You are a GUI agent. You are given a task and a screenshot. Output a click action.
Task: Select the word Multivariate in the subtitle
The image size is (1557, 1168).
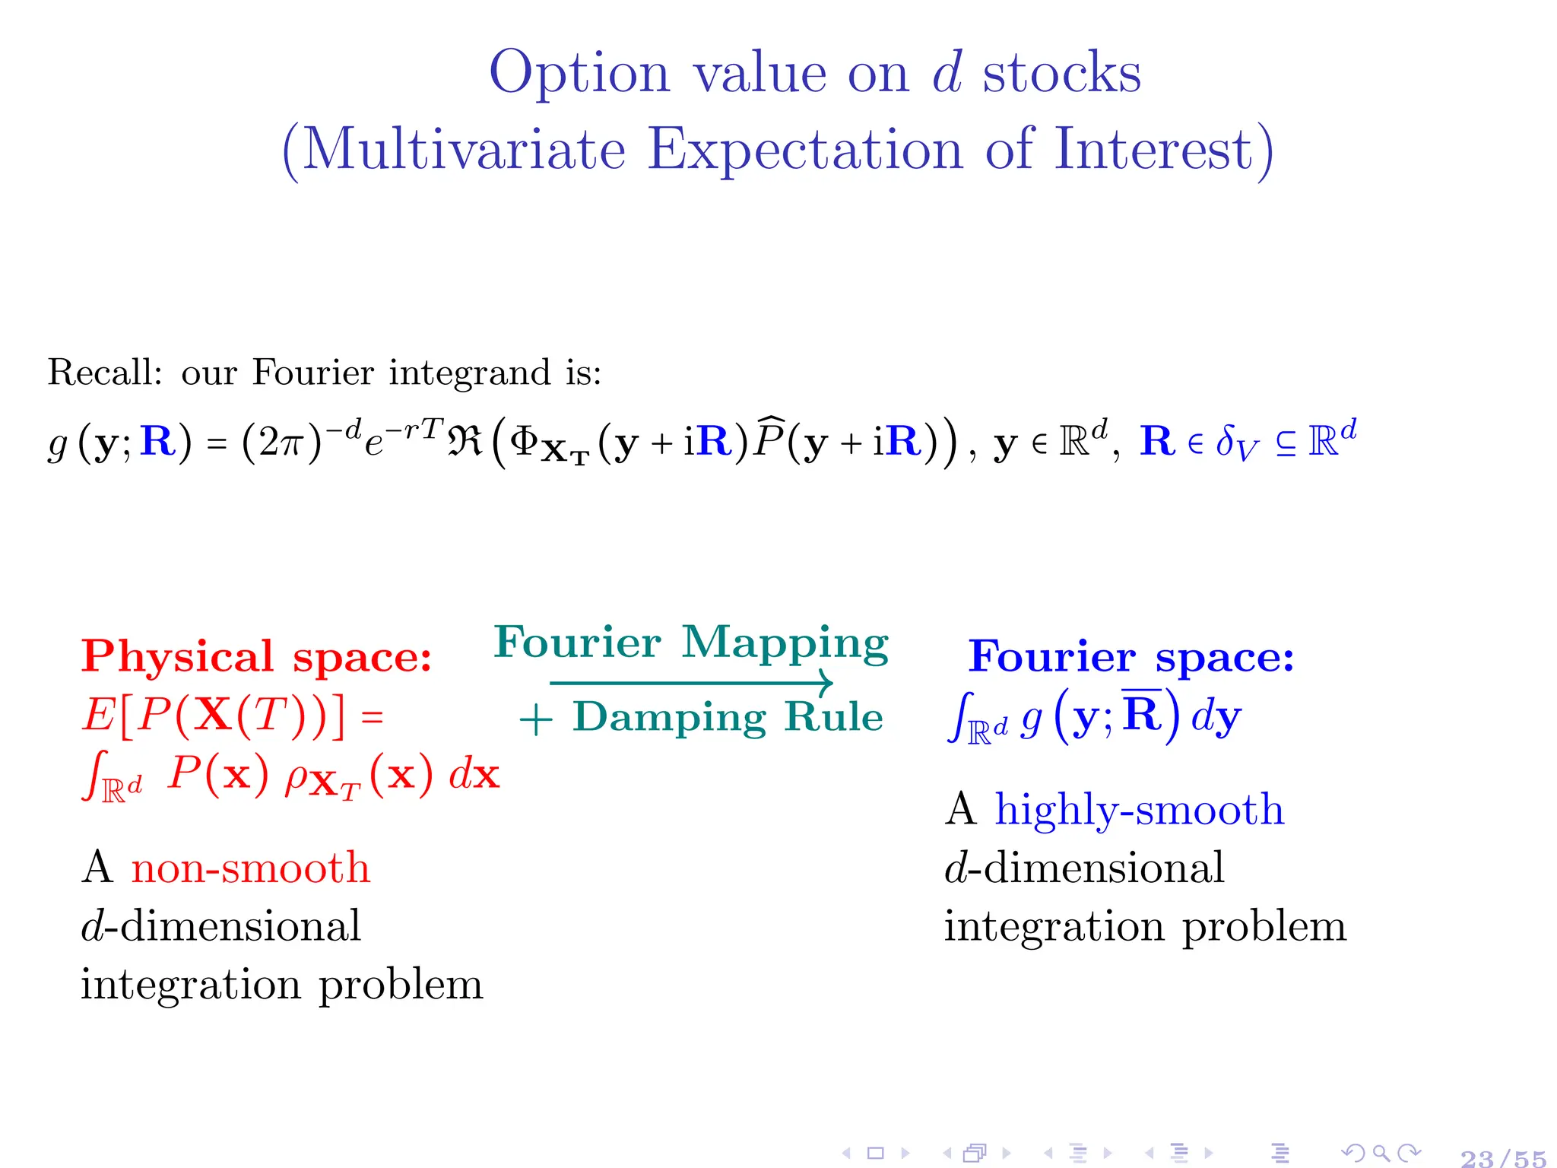pos(465,150)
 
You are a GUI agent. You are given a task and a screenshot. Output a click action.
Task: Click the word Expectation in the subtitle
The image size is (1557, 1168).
pos(805,150)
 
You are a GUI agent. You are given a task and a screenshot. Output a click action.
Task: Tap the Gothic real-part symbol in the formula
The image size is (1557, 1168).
pos(465,440)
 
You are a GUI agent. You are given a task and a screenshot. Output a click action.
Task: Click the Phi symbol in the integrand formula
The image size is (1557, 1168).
pos(524,440)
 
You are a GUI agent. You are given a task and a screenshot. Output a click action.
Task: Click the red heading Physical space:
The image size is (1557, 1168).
pos(256,656)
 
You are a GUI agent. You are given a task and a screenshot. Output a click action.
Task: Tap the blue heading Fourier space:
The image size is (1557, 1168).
pos(1130,656)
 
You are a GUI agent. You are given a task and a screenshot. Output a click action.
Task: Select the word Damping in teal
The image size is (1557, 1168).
pos(669,717)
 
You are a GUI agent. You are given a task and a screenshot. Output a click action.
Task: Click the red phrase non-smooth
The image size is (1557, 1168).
pos(251,868)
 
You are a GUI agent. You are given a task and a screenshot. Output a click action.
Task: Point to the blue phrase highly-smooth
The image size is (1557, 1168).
pos(1140,809)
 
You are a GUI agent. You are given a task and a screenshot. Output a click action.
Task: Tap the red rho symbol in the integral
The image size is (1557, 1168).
pos(296,777)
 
